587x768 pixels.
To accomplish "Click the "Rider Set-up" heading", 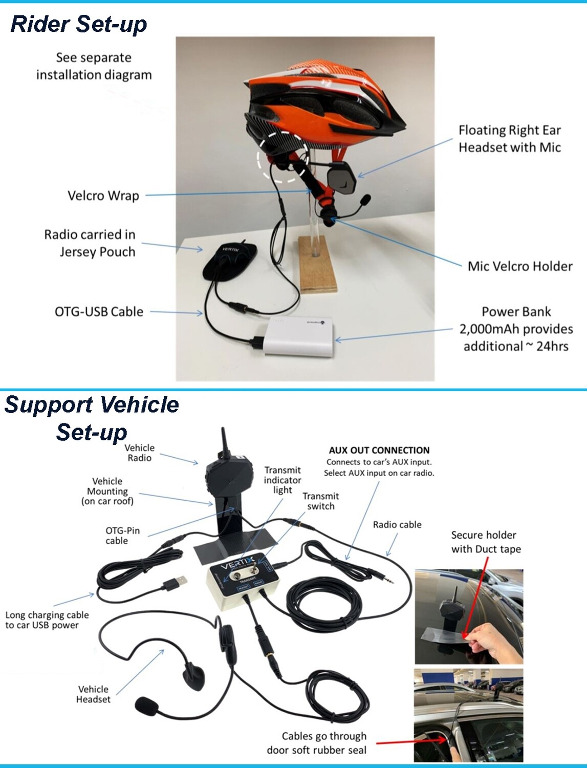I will click(x=79, y=24).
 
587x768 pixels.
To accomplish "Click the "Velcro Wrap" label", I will click(x=103, y=196).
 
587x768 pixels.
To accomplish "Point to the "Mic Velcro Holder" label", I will click(x=519, y=266).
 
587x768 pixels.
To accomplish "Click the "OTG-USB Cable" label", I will click(x=99, y=312).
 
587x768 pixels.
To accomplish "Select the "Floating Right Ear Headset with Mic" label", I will click(x=509, y=139).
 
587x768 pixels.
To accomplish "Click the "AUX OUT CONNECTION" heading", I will click(x=379, y=451).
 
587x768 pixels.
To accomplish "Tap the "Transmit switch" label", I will click(x=320, y=501).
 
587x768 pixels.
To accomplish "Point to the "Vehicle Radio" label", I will click(x=139, y=453).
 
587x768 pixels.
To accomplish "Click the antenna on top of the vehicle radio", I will click(x=224, y=443).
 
